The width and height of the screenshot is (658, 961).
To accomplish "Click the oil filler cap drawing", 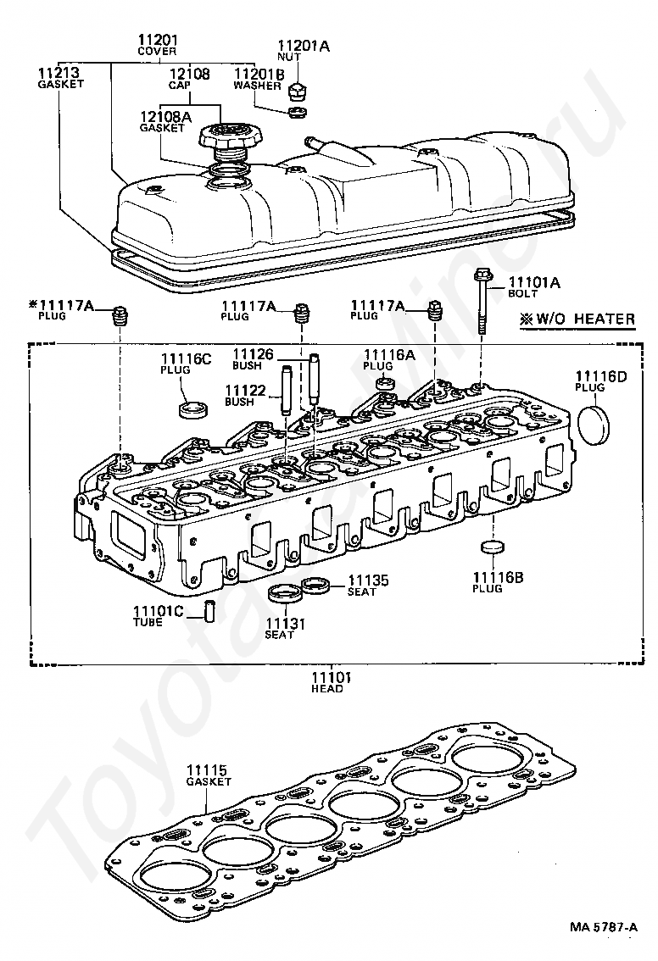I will click(x=227, y=139).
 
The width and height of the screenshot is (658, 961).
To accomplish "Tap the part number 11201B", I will click(x=259, y=75).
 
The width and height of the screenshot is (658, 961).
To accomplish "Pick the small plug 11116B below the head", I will click(x=491, y=547).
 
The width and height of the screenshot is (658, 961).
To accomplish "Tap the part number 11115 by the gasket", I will click(x=208, y=770).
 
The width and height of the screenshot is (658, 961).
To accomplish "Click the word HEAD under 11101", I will click(x=327, y=689).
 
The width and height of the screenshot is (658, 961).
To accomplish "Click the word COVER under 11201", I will click(x=157, y=51).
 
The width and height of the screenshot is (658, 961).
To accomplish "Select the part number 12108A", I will click(x=166, y=116).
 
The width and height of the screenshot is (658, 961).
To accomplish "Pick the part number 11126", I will click(x=252, y=353).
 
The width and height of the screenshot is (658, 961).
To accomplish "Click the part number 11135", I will click(x=368, y=580).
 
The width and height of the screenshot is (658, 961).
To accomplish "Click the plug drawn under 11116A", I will click(x=386, y=382).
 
